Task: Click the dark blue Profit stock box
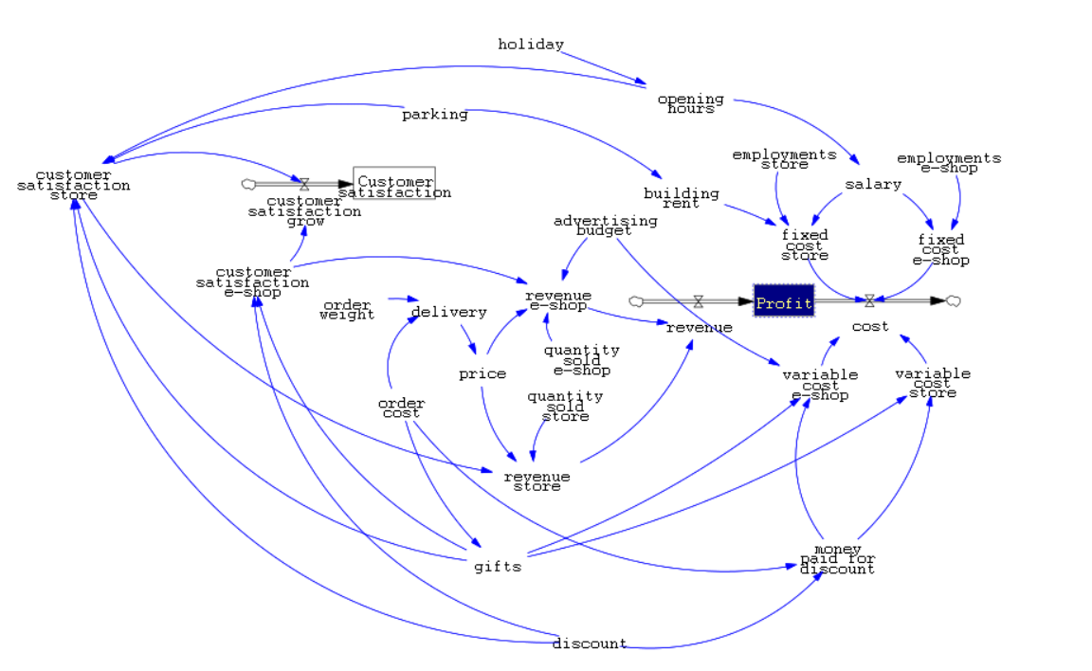(784, 301)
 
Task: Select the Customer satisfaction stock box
(394, 184)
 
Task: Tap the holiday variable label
(531, 45)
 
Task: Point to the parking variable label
(435, 115)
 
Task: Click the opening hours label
(690, 103)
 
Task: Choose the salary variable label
(873, 184)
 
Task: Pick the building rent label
(681, 198)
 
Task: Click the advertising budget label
(605, 225)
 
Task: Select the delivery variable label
(448, 312)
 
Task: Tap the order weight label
(347, 310)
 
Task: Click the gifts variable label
(498, 567)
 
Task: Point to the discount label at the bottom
(590, 644)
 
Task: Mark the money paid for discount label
(837, 559)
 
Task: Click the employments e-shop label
(949, 163)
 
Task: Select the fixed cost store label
(805, 244)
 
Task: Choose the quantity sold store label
(565, 406)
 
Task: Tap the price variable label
(482, 373)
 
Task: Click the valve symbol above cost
(869, 301)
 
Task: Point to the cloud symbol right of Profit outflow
(954, 301)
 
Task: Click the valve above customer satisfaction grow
(304, 184)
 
